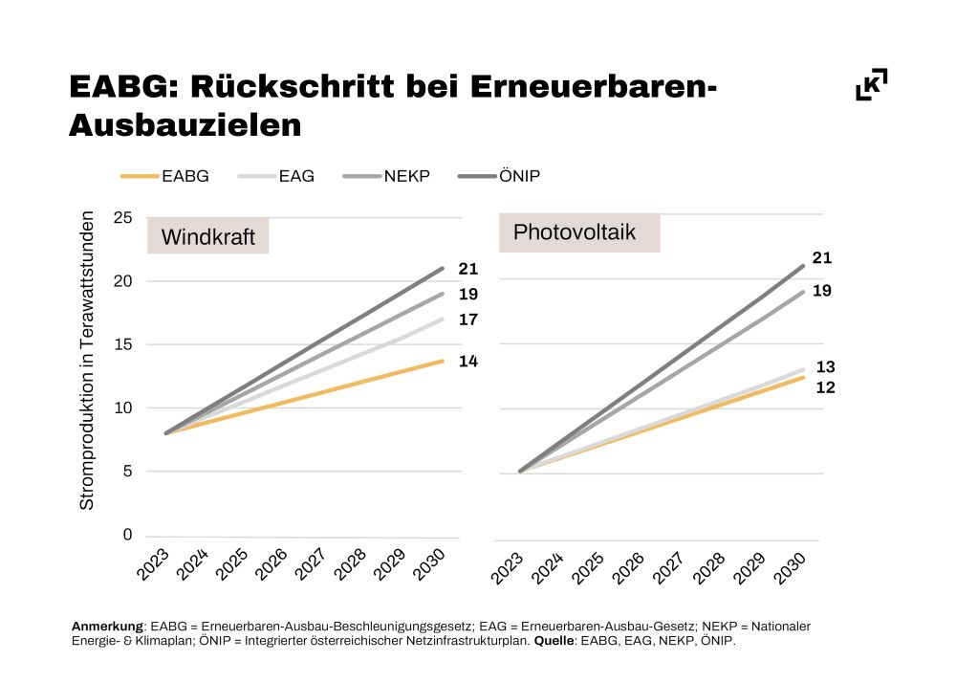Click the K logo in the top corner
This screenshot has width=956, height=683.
coord(871,84)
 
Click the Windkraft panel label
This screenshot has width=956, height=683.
coord(207,237)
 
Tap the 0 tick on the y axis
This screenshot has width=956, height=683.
coord(127,535)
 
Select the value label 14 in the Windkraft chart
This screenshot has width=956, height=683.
coord(467,361)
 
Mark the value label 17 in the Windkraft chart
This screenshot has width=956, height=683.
coord(467,319)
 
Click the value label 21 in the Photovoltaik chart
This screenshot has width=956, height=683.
coord(821,257)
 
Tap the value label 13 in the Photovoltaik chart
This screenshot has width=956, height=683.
coord(825,366)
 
